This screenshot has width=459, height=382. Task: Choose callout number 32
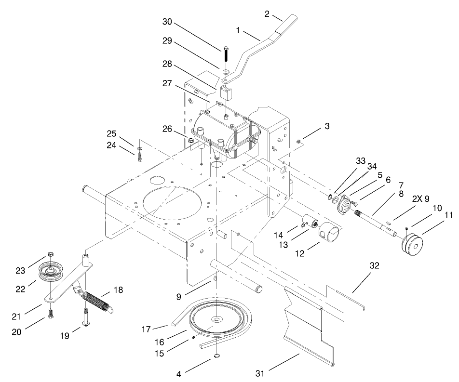[x=375, y=265]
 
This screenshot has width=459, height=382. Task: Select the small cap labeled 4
[x=217, y=356]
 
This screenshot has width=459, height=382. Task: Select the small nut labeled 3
[x=298, y=141]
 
